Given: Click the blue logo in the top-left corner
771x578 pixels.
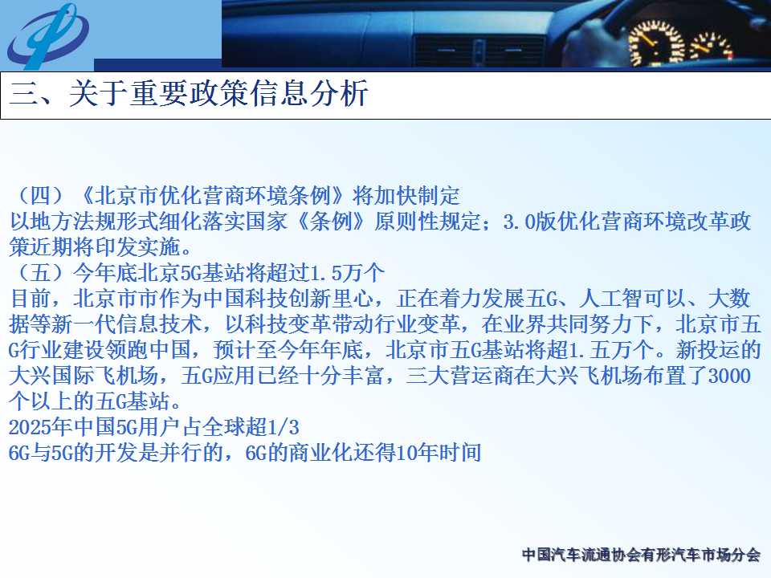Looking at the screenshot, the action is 47,35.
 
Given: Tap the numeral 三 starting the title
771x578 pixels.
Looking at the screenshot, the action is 23,92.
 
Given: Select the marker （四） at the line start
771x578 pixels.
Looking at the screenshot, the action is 41,196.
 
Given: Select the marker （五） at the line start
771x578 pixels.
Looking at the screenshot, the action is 41,272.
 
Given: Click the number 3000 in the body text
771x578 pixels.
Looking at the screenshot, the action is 729,376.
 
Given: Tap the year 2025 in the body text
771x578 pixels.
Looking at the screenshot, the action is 30,426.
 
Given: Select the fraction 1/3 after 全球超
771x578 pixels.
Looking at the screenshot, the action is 283,426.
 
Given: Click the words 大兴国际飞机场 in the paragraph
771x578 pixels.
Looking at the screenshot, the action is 84,376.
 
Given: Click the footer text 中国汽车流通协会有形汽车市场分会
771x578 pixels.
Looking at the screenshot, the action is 641,555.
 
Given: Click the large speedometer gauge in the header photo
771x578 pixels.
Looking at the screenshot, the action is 656,43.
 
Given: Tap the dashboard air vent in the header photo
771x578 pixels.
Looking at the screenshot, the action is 479,51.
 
